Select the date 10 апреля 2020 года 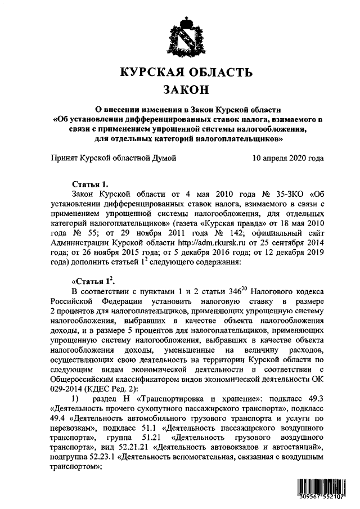(288, 159)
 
